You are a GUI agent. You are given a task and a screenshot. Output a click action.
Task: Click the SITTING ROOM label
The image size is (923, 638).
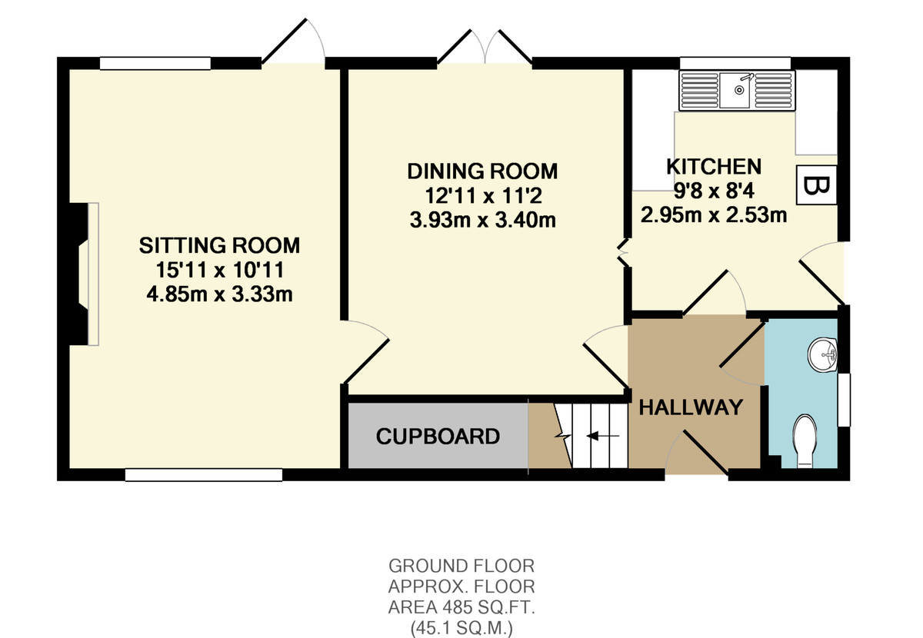(219, 245)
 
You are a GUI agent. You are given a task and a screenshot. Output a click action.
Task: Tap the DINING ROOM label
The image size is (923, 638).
(482, 171)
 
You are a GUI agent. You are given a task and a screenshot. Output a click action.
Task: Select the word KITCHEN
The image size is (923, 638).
(714, 166)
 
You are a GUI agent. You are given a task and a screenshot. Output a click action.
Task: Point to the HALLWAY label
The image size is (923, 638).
(691, 407)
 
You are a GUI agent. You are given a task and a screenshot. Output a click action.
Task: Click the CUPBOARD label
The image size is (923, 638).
(438, 437)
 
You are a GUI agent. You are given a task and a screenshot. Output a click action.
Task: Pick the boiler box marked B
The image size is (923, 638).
(816, 185)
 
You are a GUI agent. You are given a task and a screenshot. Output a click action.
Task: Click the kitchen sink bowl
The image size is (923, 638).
(735, 90)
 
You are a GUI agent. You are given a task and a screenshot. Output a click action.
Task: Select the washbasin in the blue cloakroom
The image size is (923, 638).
(822, 354)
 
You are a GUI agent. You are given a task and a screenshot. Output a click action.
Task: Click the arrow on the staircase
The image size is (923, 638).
(602, 436)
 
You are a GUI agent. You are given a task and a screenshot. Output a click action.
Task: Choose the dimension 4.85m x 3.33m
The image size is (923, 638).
(220, 295)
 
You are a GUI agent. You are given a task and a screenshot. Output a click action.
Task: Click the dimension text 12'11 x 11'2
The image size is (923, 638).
(483, 196)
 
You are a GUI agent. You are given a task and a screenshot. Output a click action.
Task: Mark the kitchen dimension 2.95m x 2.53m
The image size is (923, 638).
(714, 215)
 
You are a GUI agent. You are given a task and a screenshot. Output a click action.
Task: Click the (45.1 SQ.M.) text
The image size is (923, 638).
(461, 629)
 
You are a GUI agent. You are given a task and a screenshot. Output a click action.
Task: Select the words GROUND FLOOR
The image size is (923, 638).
(461, 566)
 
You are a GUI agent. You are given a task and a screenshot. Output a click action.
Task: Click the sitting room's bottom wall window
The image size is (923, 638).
(204, 475)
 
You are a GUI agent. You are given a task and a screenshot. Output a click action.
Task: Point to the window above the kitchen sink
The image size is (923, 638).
(735, 64)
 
